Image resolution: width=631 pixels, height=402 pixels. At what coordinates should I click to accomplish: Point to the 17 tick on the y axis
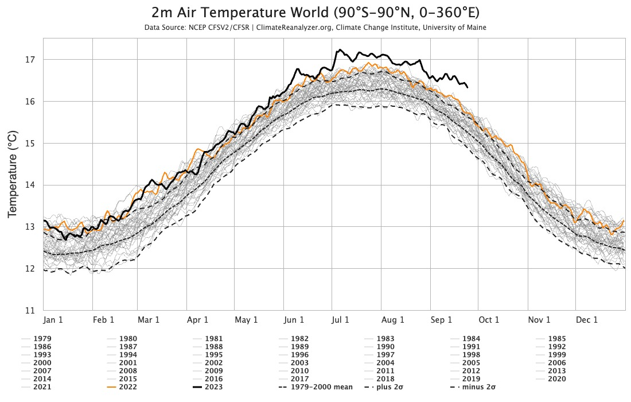31,60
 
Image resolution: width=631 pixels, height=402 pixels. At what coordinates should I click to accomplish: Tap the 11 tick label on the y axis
31,311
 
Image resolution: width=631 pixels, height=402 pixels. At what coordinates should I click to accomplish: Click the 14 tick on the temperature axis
31,185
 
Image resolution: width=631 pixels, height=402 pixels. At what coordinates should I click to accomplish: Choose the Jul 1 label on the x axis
340,320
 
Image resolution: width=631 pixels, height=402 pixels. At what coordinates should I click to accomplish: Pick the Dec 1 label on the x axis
587,320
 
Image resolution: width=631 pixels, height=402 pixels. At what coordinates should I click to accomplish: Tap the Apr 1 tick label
197,320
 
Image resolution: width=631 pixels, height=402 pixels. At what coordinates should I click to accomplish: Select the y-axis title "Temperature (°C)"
13,174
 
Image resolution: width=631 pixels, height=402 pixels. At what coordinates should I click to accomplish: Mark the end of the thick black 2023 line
468,87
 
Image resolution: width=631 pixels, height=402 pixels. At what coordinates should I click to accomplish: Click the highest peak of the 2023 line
340,49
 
